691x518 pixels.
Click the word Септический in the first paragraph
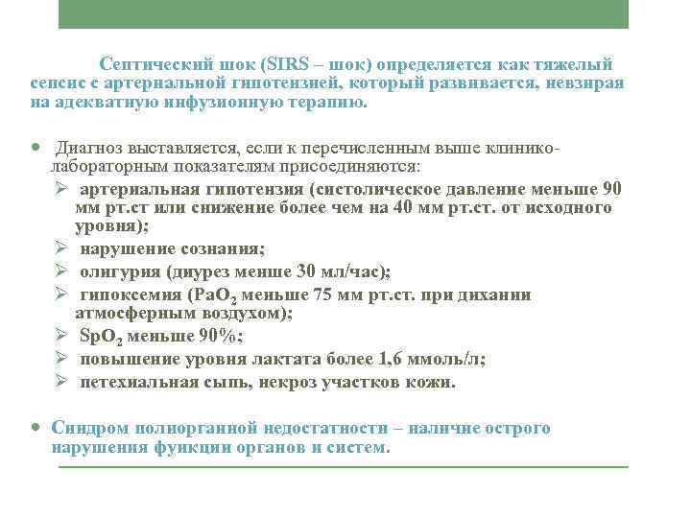point(150,65)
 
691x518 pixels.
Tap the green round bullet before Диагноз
point(36,150)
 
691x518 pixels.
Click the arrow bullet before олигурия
point(60,271)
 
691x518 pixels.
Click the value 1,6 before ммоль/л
point(405,360)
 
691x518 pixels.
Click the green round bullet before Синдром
point(36,428)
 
